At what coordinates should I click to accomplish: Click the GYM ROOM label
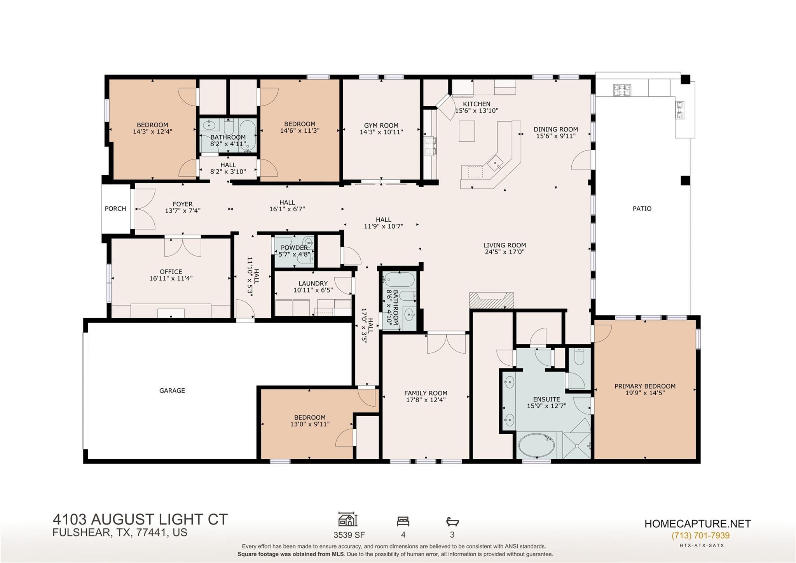pyautogui.click(x=381, y=125)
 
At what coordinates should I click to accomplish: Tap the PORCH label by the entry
pyautogui.click(x=115, y=209)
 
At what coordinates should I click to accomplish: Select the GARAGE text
pyautogui.click(x=172, y=391)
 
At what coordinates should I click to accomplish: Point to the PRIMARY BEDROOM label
pyautogui.click(x=645, y=386)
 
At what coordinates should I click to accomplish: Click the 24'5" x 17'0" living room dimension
pyautogui.click(x=504, y=252)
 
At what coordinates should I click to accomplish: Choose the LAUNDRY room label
pyautogui.click(x=313, y=284)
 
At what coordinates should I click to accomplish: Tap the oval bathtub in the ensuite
pyautogui.click(x=536, y=445)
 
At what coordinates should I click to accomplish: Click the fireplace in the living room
pyautogui.click(x=492, y=300)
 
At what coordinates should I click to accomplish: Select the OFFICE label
pyautogui.click(x=171, y=272)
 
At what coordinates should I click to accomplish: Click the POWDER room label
pyautogui.click(x=294, y=248)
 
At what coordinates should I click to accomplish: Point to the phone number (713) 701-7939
pyautogui.click(x=700, y=536)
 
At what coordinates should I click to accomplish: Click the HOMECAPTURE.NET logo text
pyautogui.click(x=698, y=524)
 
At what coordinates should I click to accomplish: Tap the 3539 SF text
pyautogui.click(x=349, y=535)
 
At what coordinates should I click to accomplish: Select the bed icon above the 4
pyautogui.click(x=403, y=521)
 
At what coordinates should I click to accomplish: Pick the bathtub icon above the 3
pyautogui.click(x=452, y=521)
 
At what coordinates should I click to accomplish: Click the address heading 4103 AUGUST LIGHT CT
pyautogui.click(x=140, y=519)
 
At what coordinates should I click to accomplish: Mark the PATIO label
pyautogui.click(x=642, y=209)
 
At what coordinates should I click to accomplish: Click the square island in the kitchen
pyautogui.click(x=467, y=131)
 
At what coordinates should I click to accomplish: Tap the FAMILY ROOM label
pyautogui.click(x=426, y=393)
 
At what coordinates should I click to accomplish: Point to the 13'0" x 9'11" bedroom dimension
pyautogui.click(x=310, y=424)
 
